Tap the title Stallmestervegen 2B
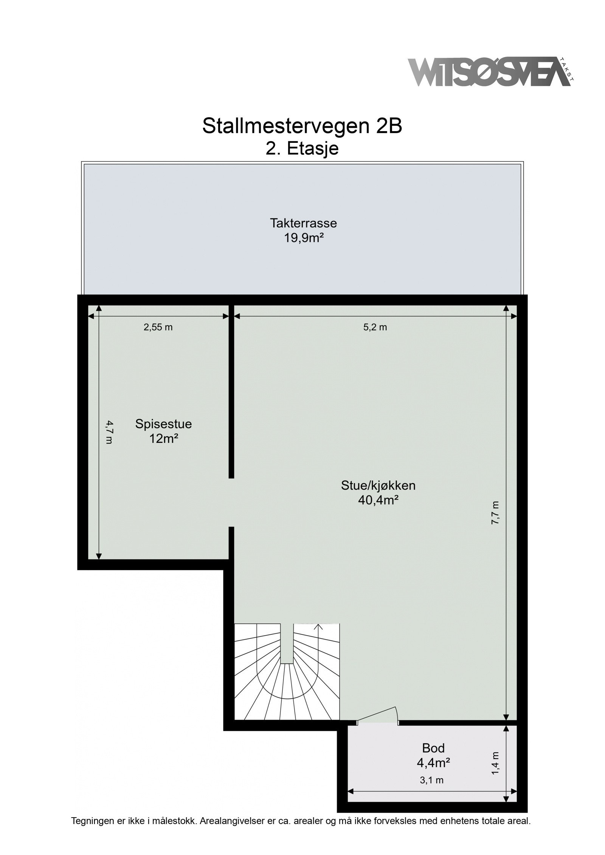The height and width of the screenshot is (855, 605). [x=302, y=126]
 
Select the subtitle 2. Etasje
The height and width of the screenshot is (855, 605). [x=302, y=148]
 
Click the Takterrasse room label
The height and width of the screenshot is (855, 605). [x=303, y=223]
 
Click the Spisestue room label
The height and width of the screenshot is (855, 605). [x=163, y=424]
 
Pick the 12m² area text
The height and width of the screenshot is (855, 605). [x=163, y=439]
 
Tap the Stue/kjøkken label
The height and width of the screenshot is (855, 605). [x=378, y=485]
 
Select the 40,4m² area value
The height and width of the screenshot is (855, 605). [x=378, y=501]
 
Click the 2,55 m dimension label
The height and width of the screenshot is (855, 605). [x=158, y=327]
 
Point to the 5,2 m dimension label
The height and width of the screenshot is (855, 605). [x=375, y=327]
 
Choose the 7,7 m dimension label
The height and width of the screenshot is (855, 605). [x=496, y=513]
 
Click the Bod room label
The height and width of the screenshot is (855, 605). [x=433, y=748]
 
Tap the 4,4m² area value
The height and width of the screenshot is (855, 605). [x=433, y=763]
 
